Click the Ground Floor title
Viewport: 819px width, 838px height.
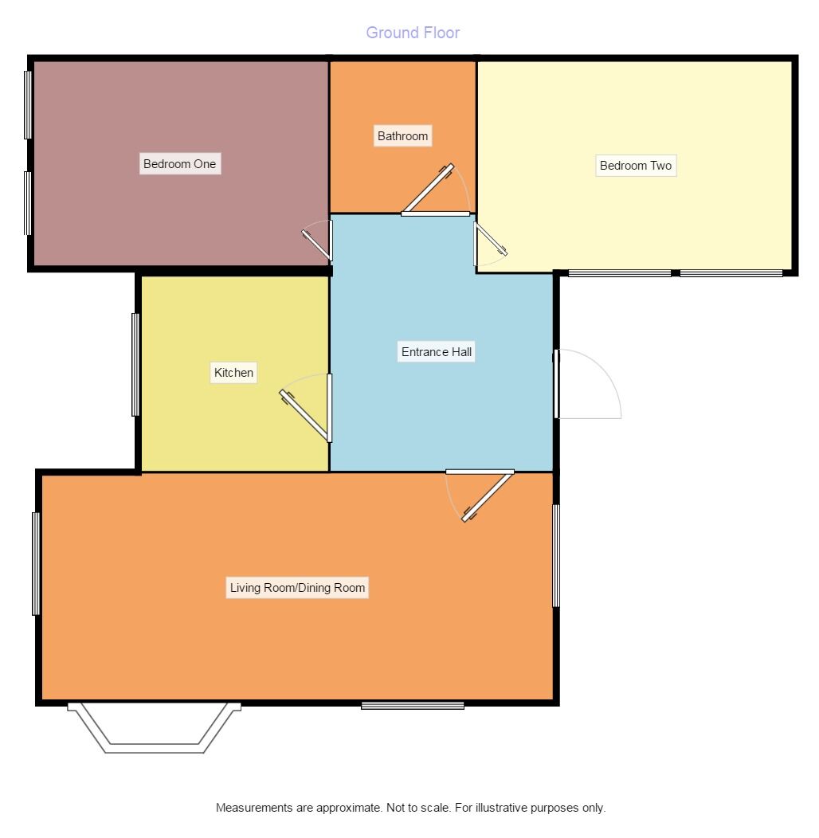click(413, 33)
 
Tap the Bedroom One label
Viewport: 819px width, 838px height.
click(179, 164)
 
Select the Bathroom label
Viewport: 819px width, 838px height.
click(402, 136)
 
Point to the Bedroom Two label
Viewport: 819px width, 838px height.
click(636, 166)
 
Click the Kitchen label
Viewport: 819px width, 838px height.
click(233, 372)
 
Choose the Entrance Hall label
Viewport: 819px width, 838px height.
click(437, 352)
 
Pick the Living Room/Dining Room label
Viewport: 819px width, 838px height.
click(297, 589)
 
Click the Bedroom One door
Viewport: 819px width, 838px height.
click(317, 245)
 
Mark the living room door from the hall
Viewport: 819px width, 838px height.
click(488, 495)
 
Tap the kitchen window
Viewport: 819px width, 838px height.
click(135, 365)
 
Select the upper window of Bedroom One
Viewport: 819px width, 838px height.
click(28, 104)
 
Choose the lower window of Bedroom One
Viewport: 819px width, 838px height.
click(28, 203)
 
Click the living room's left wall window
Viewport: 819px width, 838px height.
click(36, 563)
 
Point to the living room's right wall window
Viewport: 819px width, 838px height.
click(556, 555)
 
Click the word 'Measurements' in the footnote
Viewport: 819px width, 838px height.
click(254, 808)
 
